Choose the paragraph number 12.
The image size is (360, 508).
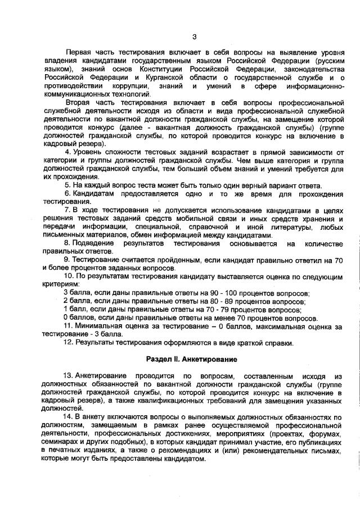pos(69,342)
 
